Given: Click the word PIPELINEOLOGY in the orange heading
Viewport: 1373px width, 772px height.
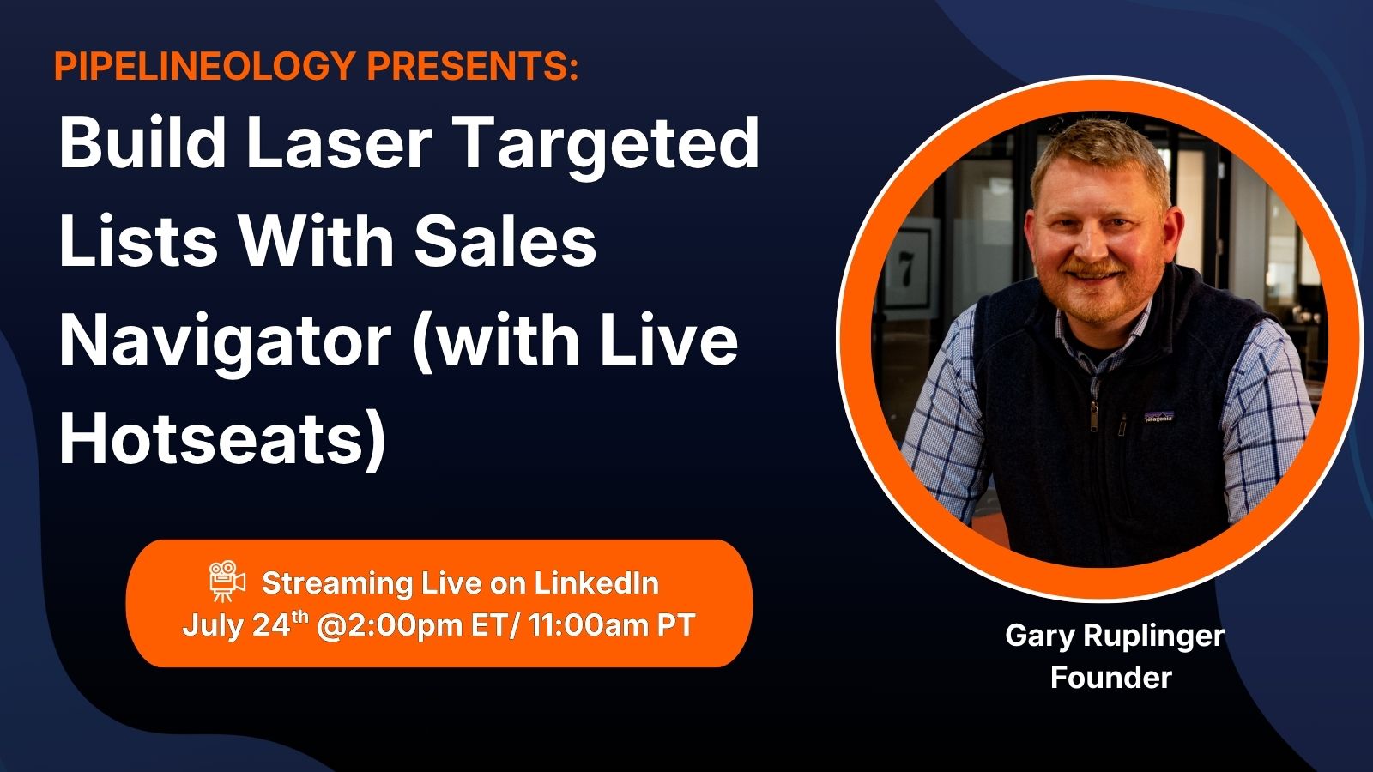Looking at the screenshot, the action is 205,65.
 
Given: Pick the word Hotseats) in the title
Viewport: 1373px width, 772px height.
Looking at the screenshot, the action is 222,440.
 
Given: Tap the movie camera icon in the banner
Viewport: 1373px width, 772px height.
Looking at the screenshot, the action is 227,580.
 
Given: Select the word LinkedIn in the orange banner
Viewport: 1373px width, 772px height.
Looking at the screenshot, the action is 596,583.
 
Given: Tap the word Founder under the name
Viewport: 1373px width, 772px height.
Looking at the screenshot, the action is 1111,678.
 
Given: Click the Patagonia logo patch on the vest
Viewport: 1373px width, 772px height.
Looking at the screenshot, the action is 1159,417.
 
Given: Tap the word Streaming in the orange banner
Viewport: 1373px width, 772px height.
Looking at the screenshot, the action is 337,584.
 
